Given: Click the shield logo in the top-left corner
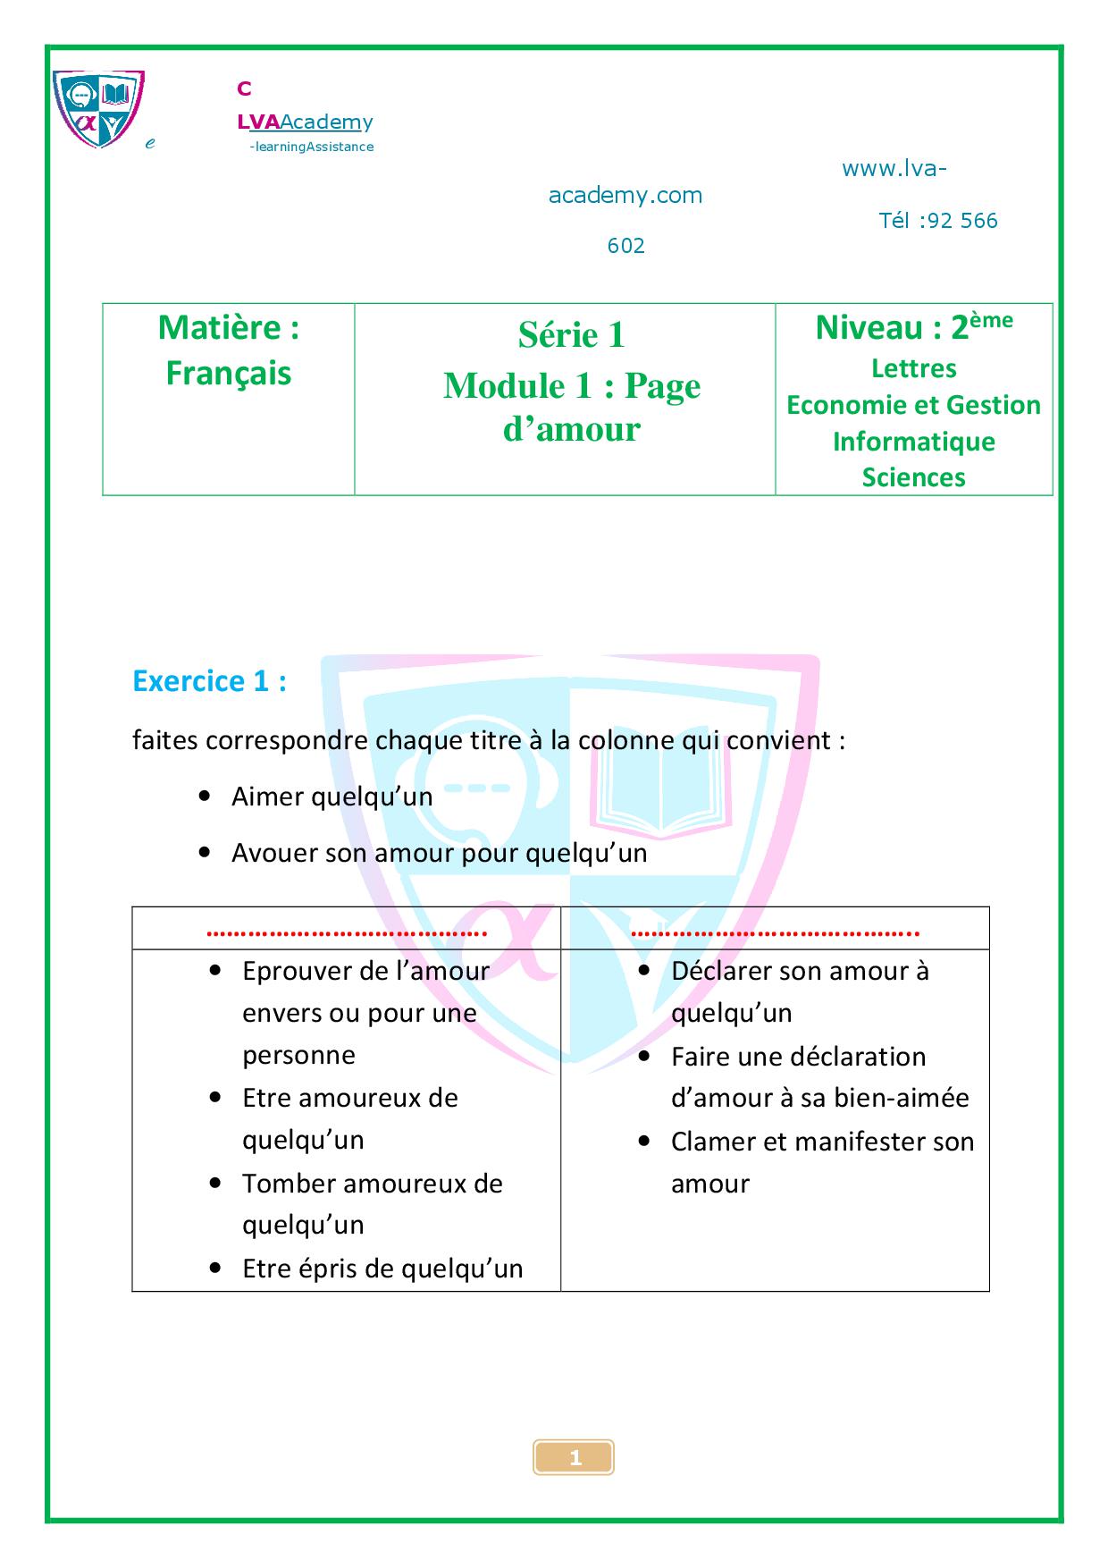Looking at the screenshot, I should point(98,109).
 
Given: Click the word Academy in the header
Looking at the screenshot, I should point(327,122).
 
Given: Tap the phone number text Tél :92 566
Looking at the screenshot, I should point(938,221).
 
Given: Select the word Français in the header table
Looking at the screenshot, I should point(229,373).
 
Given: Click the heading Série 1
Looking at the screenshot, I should point(572,335).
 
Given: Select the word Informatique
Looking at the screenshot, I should point(913,442).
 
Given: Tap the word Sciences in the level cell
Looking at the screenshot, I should point(913,477).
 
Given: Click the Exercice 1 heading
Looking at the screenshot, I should point(209,681).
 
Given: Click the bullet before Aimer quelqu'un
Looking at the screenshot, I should point(206,795).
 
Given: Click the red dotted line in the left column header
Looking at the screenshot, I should point(347,932).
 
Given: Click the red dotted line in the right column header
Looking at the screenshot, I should point(775,932).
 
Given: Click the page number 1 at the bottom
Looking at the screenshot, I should point(575,1458).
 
